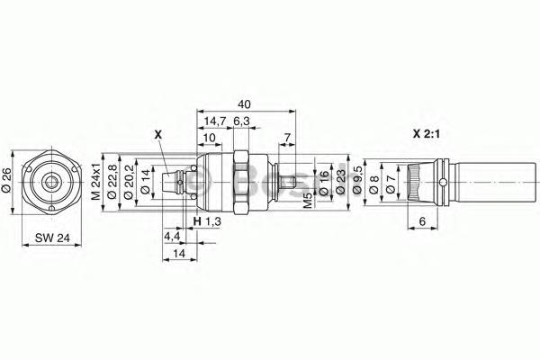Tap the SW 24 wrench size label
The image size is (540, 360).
52,238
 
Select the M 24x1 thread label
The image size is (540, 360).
96,181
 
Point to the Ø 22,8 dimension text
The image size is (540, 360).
112,182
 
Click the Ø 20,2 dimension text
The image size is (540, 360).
128,182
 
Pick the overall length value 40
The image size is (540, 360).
244,104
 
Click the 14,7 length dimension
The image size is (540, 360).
214,121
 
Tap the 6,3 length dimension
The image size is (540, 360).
241,121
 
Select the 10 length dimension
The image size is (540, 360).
209,138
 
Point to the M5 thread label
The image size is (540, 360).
308,201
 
